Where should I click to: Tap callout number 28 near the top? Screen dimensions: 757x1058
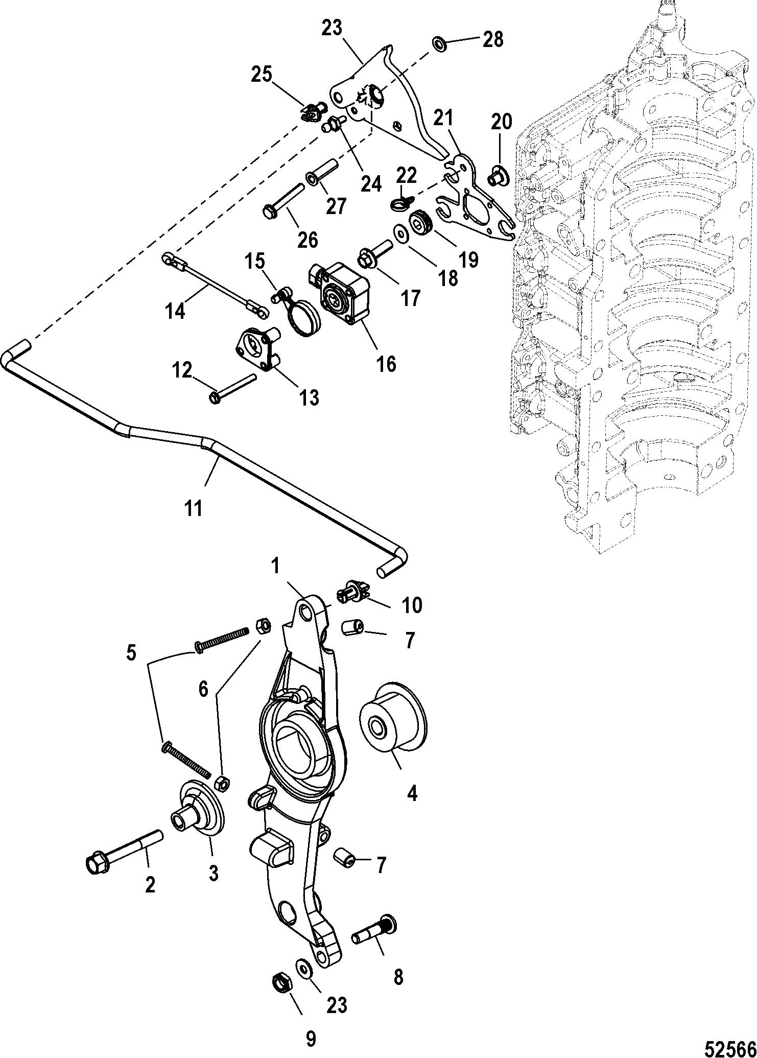(x=493, y=39)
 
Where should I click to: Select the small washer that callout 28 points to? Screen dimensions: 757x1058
(x=439, y=43)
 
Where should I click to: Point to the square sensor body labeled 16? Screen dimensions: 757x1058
(x=341, y=293)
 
